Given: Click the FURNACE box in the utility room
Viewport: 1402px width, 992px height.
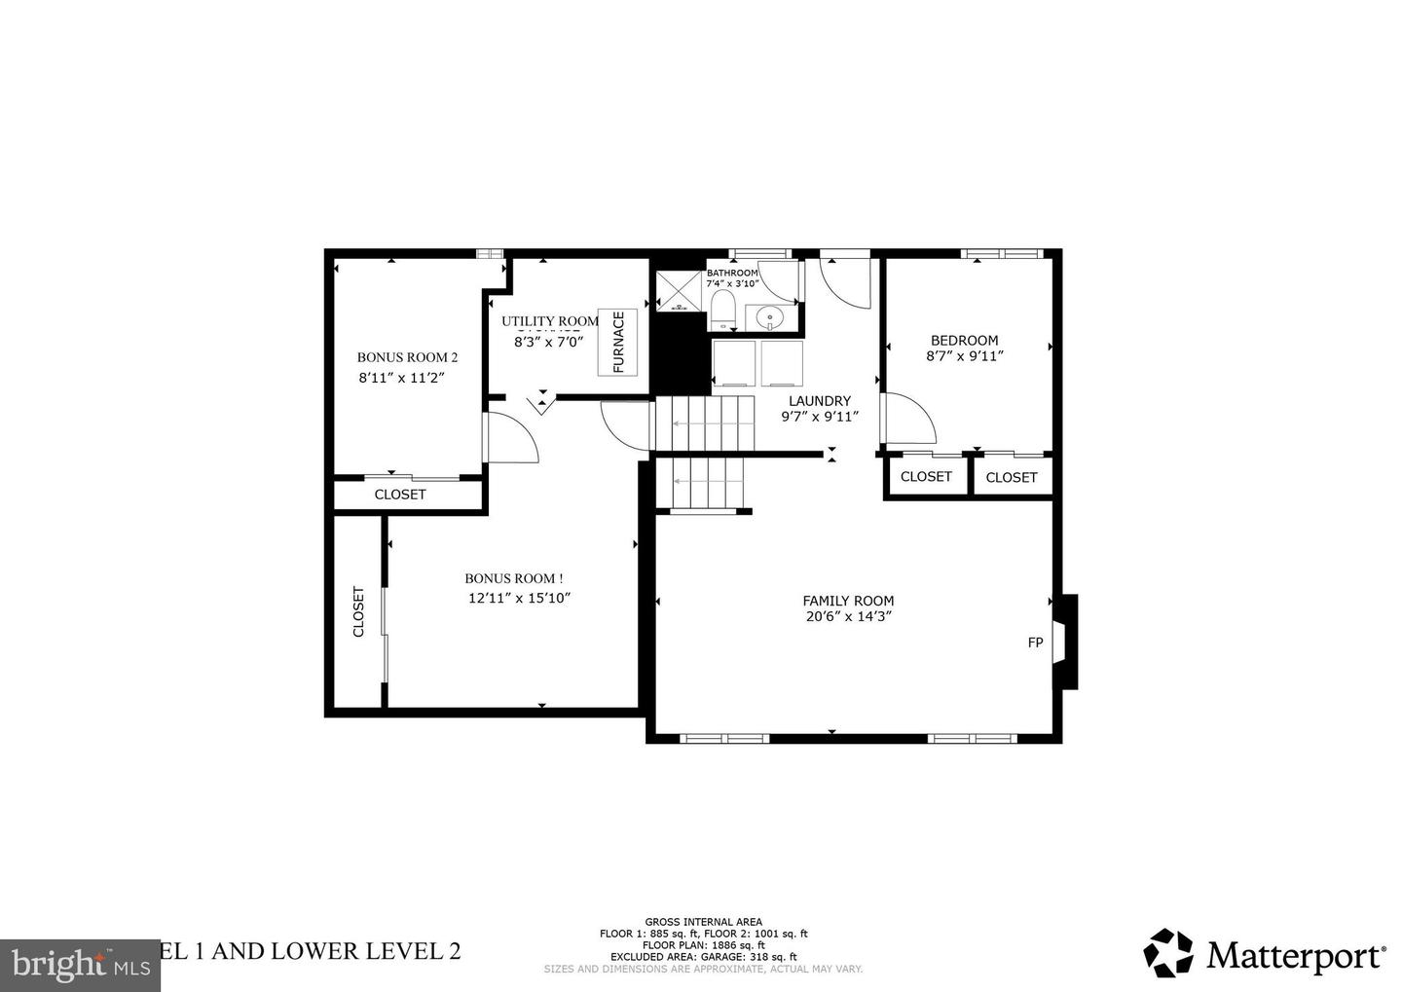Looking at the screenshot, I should [617, 342].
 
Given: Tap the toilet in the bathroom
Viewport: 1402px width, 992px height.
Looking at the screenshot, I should [722, 309].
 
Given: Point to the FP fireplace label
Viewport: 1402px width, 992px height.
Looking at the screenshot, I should [1035, 643].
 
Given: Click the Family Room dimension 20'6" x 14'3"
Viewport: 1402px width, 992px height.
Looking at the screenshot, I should [848, 616].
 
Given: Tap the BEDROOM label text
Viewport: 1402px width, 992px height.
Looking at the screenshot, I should [964, 340].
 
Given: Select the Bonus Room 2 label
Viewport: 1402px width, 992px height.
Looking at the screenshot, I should [407, 357].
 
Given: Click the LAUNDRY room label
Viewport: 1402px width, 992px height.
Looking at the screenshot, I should [819, 401].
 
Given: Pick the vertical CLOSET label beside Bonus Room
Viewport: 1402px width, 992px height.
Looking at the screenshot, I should [358, 611].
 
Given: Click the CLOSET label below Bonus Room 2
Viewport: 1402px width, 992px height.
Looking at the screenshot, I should [400, 495].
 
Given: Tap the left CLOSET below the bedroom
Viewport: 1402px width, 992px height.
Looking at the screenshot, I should [926, 477].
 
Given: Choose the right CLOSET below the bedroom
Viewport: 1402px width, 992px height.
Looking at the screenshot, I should [1011, 477].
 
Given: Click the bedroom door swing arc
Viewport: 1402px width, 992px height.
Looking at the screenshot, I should [911, 417].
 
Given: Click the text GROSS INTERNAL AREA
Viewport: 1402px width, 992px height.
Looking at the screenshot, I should [703, 922].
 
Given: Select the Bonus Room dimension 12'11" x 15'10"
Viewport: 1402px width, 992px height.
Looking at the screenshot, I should [519, 599].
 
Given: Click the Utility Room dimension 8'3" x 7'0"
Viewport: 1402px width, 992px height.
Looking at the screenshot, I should [548, 342].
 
